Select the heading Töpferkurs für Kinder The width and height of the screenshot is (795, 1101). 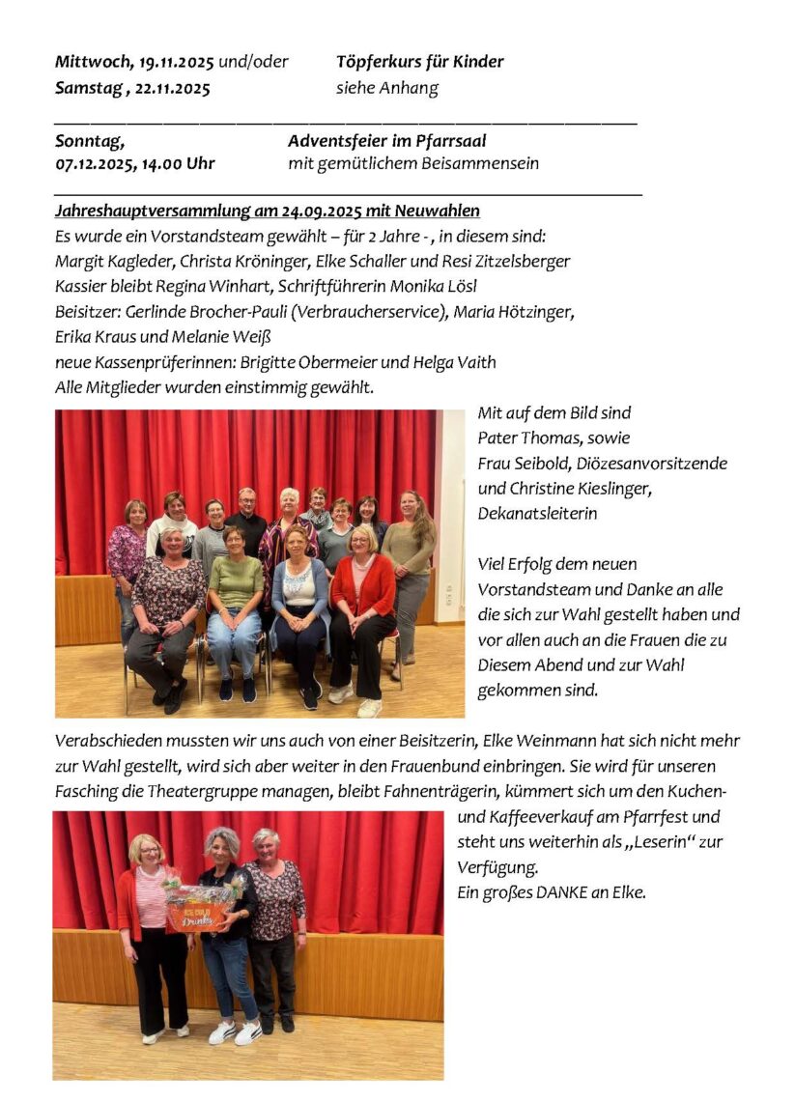pos(419,62)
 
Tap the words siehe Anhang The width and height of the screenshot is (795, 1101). pos(386,88)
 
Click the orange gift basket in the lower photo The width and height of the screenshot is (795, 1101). pos(202,912)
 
